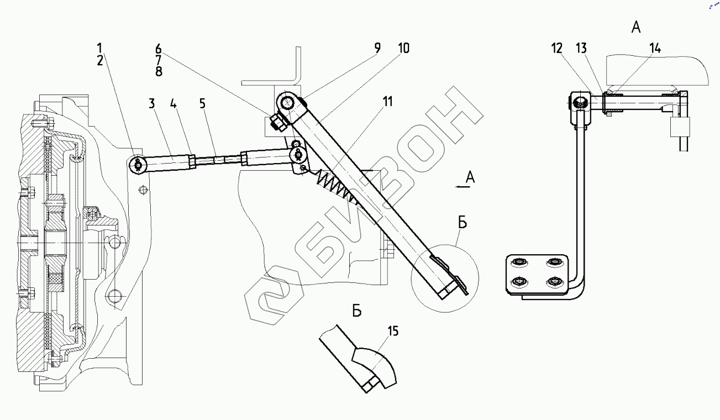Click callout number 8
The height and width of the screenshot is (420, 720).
[x=158, y=71]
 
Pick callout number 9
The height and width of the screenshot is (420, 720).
[x=377, y=48]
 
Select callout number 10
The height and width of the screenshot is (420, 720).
[x=403, y=48]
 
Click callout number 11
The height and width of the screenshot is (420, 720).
[x=387, y=101]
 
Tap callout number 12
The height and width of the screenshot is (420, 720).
[x=557, y=48]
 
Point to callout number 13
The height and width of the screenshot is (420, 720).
[x=582, y=48]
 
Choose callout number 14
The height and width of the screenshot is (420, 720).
[x=655, y=48]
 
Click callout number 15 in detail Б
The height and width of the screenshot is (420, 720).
[x=393, y=331]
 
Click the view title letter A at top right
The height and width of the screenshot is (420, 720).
[x=636, y=28]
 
